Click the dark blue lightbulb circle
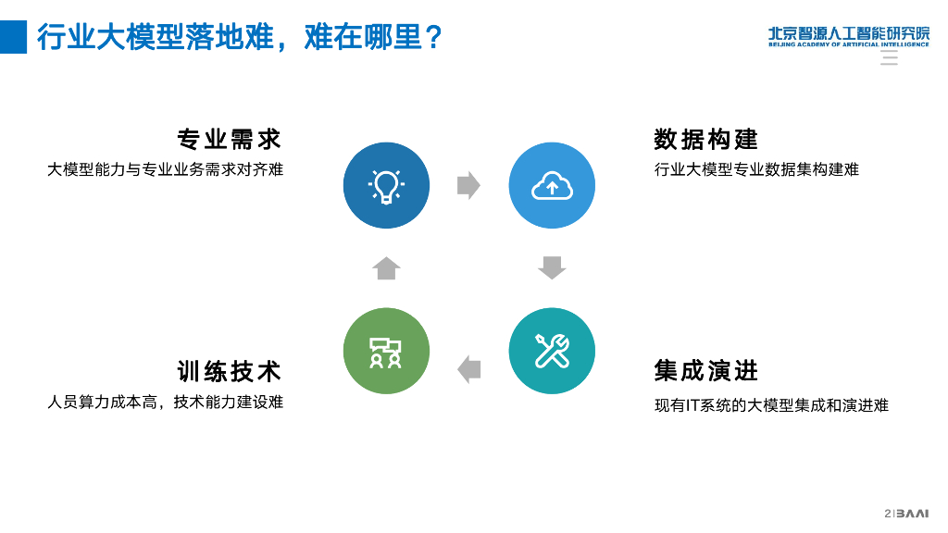[x=386, y=185]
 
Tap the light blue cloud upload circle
[x=552, y=185]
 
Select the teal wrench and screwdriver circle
[x=552, y=351]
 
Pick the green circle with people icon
[x=386, y=351]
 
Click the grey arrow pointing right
[x=468, y=185]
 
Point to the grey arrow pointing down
[x=552, y=267]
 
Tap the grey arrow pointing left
[x=469, y=369]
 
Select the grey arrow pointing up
[x=386, y=267]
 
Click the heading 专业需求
[x=230, y=140]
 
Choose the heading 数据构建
[x=705, y=140]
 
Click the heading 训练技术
[x=230, y=371]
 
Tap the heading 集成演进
[x=705, y=371]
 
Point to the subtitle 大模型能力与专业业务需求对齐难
[x=165, y=169]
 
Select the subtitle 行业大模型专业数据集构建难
[x=756, y=169]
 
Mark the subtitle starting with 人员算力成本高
[x=165, y=402]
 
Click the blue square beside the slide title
[x=13, y=37]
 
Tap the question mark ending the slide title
[x=432, y=38]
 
